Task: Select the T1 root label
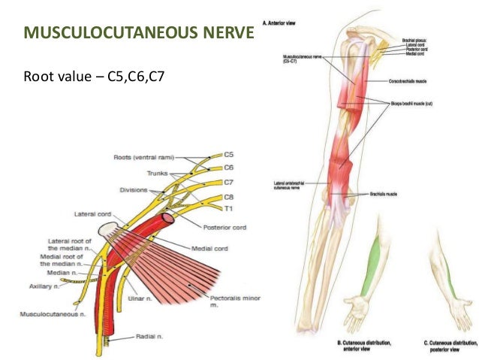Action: [x=230, y=208]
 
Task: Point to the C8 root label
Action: [x=230, y=197]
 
